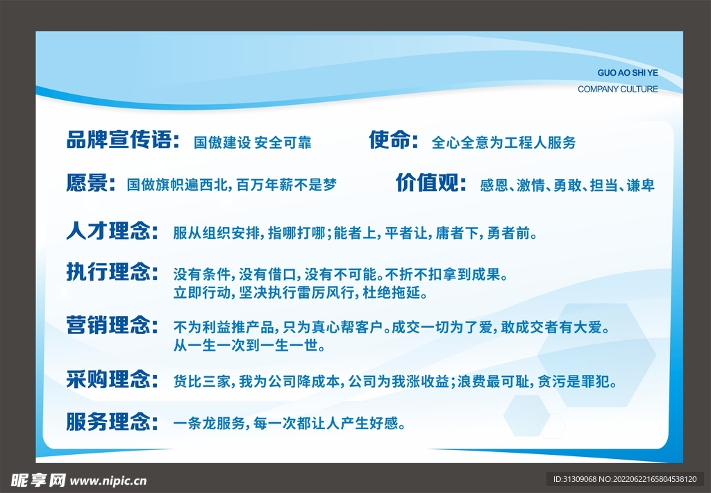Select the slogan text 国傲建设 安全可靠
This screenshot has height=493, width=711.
pyautogui.click(x=252, y=143)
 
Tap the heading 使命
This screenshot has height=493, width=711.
pyautogui.click(x=392, y=141)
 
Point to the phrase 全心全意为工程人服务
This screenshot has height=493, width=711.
pyautogui.click(x=503, y=143)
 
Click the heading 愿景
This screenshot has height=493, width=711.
pyautogui.click(x=90, y=183)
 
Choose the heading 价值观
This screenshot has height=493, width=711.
pyautogui.click(x=430, y=183)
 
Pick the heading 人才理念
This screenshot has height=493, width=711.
pyautogui.click(x=112, y=231)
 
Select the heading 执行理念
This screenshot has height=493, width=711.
pyautogui.click(x=112, y=271)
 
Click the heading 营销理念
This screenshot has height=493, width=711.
pyautogui.click(x=112, y=324)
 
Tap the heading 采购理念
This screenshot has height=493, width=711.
pyautogui.click(x=112, y=380)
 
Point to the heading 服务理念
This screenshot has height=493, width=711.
pyautogui.click(x=112, y=421)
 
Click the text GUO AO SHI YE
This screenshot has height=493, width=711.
pyautogui.click(x=627, y=73)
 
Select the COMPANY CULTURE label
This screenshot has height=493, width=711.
pyautogui.click(x=617, y=89)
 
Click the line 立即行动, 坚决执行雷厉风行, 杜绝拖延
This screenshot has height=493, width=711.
pyautogui.click(x=300, y=293)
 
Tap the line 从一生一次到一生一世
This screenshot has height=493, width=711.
pyautogui.click(x=249, y=345)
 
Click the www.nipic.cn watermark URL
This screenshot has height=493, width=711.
pyautogui.click(x=109, y=480)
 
